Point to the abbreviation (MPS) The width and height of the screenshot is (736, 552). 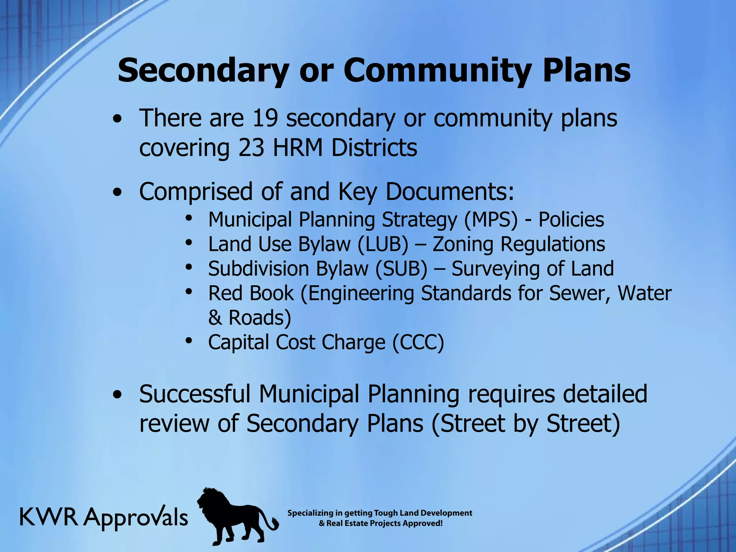(x=491, y=220)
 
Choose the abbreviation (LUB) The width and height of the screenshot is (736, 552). (x=383, y=244)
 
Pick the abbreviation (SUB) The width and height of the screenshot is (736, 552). (x=401, y=269)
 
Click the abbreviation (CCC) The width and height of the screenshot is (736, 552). (x=418, y=342)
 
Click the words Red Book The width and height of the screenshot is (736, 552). (x=251, y=293)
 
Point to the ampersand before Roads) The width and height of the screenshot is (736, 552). (x=215, y=318)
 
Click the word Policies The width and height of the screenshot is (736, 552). (x=571, y=220)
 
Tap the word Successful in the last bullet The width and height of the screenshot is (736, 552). (x=194, y=394)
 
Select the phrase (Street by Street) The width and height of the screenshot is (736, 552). (x=525, y=423)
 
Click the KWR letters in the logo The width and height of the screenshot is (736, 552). (x=49, y=517)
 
